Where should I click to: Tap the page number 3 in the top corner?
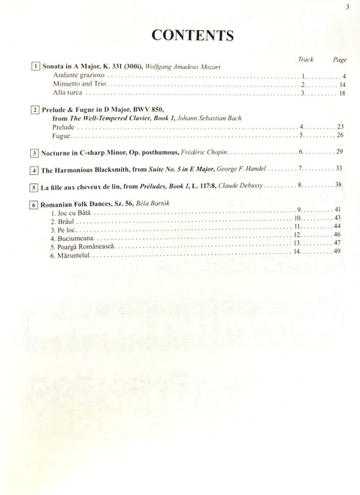(x=348, y=8)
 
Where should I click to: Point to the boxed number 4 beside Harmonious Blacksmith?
(x=35, y=170)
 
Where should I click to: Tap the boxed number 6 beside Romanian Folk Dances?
(x=35, y=204)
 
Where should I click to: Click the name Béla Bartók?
(x=153, y=204)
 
